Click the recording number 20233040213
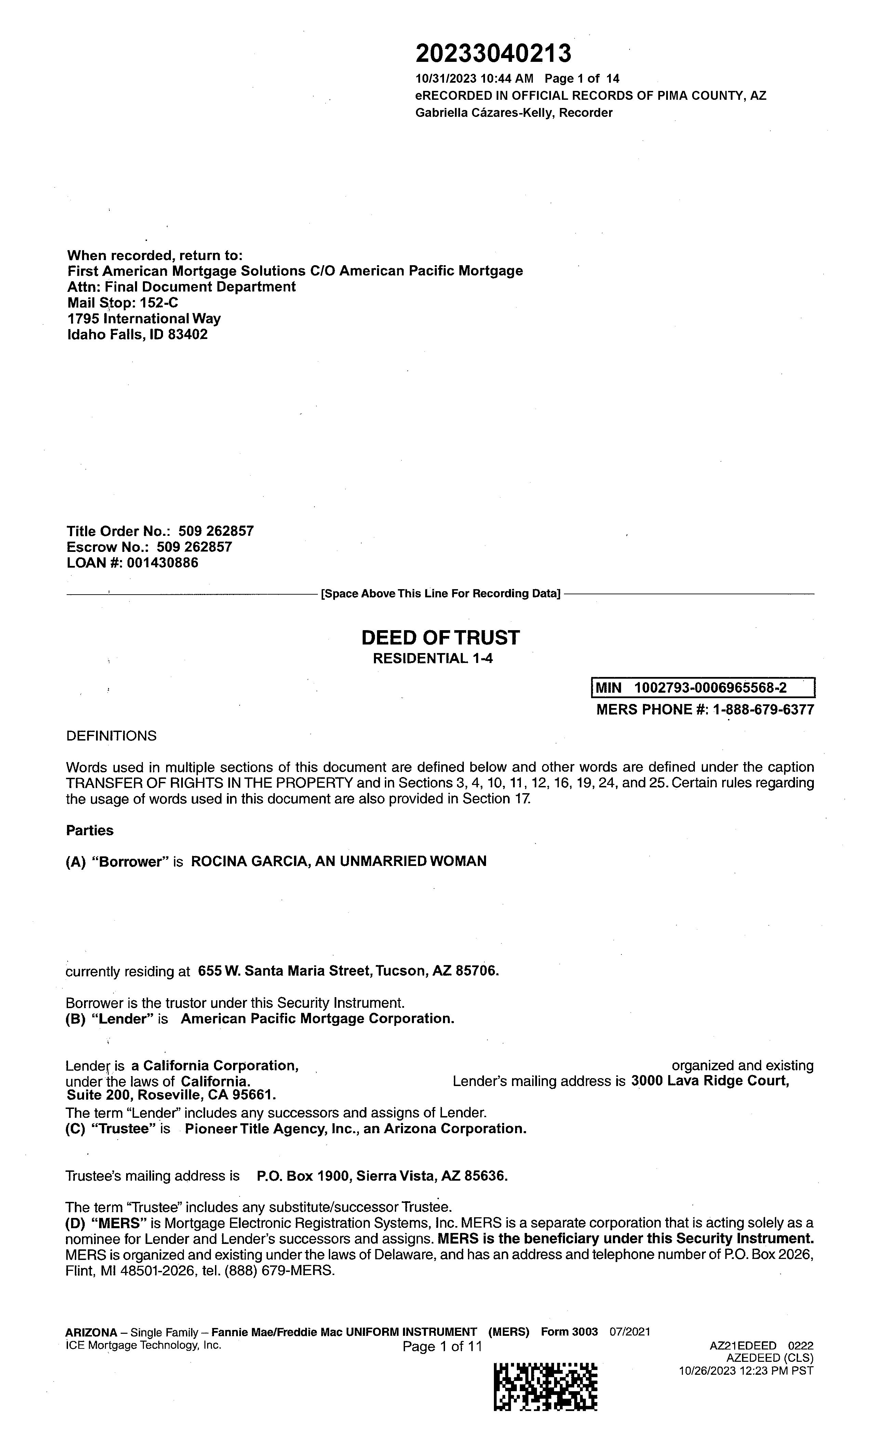493,54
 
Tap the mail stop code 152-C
159,302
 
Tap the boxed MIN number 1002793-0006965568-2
710,688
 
